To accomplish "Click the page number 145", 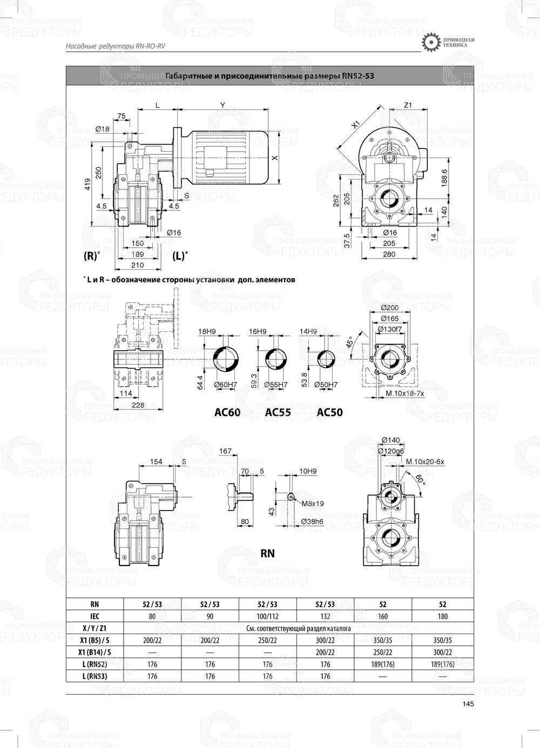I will (468, 703).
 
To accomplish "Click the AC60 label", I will (227, 413).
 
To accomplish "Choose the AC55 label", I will (278, 413).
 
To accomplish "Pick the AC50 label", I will (329, 413).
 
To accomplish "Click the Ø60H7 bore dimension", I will (225, 384).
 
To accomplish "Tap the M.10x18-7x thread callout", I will (404, 394).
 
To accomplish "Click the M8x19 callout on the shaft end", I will (313, 504).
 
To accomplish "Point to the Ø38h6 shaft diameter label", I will (313, 522).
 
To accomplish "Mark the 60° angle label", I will (420, 479).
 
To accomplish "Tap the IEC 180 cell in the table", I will (442, 616).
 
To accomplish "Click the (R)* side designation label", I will (91, 256).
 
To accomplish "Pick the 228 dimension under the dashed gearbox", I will (138, 405).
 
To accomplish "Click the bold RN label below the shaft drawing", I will (267, 553).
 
